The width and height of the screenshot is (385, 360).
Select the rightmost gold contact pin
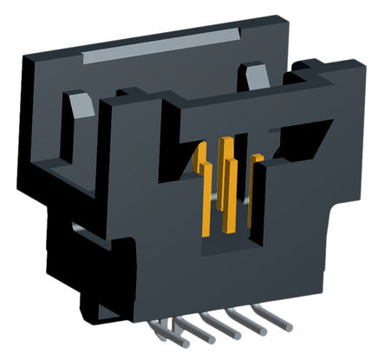point(255,187)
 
